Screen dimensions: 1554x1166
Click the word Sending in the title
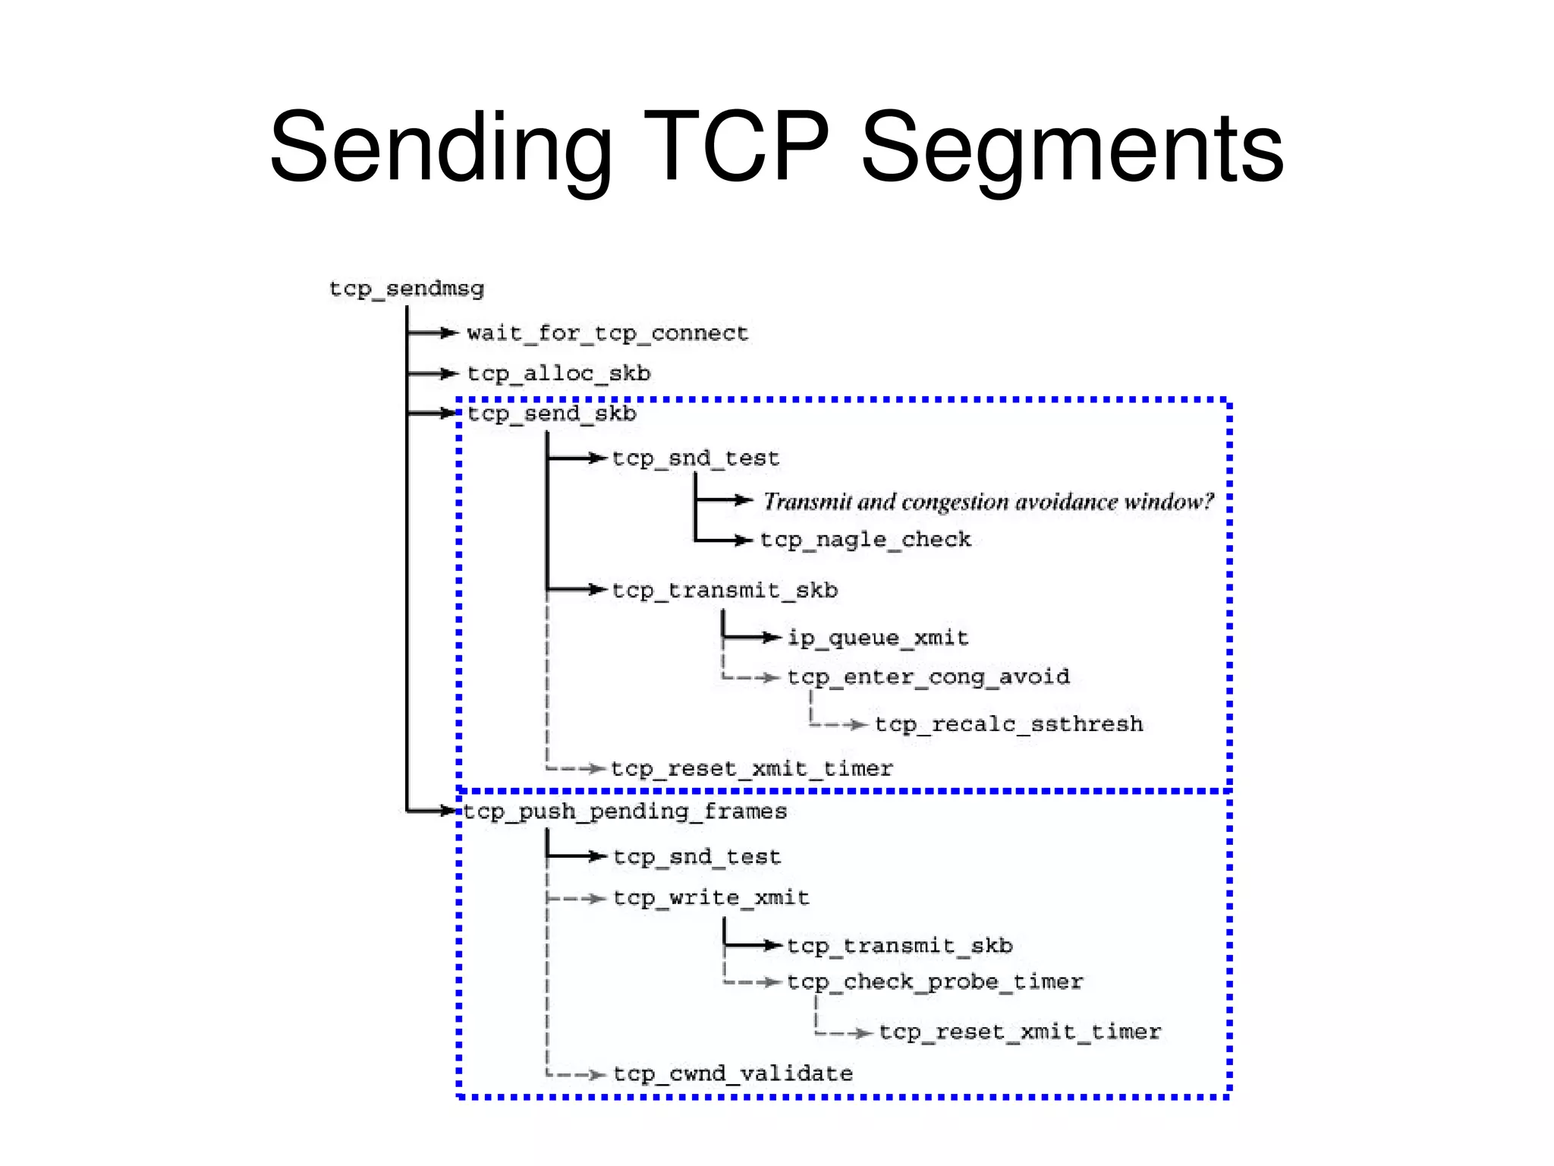tap(440, 148)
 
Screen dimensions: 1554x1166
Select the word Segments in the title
tap(1071, 148)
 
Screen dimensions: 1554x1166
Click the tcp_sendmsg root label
tap(407, 289)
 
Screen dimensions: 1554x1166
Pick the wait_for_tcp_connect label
tap(607, 333)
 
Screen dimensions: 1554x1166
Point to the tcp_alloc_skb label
tap(558, 373)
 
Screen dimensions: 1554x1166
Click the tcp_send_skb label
tap(552, 414)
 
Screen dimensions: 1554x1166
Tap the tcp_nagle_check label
tap(865, 540)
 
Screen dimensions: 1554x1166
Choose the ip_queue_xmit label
tap(878, 638)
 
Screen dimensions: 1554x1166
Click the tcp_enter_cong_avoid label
tap(928, 676)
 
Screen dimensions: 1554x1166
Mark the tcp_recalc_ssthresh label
tap(1008, 724)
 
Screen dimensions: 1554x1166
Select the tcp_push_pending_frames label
tap(624, 811)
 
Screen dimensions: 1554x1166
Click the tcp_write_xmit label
tap(711, 898)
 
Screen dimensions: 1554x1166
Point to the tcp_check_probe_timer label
tap(935, 982)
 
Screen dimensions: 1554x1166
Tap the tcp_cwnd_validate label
tap(733, 1073)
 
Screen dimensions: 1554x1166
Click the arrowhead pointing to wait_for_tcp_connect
tap(449, 332)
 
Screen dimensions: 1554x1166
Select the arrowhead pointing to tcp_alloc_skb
tap(449, 373)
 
